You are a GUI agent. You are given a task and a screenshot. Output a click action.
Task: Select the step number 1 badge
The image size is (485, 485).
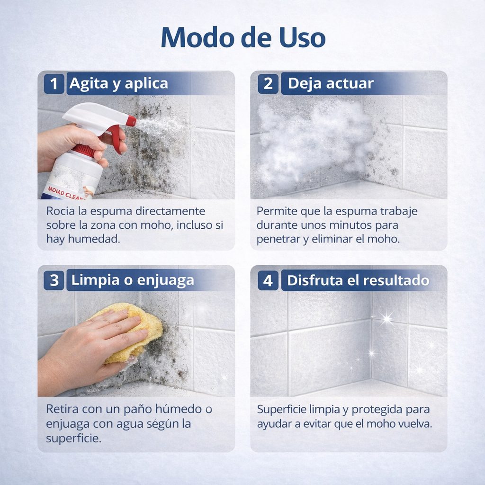(x=54, y=83)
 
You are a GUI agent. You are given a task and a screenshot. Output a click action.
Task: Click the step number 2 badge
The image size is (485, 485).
(x=268, y=83)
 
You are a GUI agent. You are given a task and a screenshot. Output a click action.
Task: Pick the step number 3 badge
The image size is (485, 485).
(x=54, y=280)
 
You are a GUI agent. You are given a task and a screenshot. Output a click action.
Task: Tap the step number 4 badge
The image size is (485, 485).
(x=268, y=280)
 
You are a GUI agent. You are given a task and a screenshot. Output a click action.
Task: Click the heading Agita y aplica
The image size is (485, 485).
(x=118, y=84)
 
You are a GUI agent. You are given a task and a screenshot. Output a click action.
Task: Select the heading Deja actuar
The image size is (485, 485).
(x=331, y=83)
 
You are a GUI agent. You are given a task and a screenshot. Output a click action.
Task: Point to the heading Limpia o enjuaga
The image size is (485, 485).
(x=133, y=280)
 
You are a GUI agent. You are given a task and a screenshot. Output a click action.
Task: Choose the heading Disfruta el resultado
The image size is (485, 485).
(x=358, y=280)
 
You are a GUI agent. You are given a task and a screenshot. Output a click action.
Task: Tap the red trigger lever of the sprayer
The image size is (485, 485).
(x=117, y=139)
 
